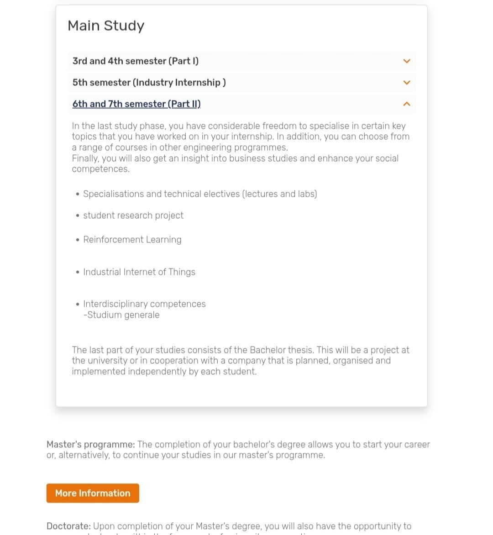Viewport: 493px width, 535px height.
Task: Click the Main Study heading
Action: click(106, 26)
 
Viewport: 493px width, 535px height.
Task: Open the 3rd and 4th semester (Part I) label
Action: click(136, 61)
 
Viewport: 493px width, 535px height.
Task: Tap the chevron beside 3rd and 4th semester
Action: click(407, 61)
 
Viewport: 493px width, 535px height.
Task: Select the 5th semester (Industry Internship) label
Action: click(149, 83)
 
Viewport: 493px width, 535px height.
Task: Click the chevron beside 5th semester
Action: click(407, 83)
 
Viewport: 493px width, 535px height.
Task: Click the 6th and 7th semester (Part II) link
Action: click(136, 104)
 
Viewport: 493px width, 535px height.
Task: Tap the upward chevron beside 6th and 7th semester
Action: click(407, 104)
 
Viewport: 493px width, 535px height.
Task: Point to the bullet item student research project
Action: click(133, 215)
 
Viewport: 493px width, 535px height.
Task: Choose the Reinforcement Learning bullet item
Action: click(132, 240)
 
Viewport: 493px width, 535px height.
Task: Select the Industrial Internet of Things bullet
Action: click(139, 272)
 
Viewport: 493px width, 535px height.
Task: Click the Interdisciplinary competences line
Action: click(144, 304)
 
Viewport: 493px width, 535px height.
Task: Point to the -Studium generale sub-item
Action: click(121, 315)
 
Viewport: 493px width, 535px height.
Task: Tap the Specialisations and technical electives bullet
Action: click(200, 194)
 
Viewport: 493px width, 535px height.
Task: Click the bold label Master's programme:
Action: click(90, 445)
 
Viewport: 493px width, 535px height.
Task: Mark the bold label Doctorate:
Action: click(68, 526)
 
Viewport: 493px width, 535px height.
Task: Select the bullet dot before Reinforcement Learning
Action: click(78, 240)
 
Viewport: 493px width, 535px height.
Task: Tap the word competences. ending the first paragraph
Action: click(100, 169)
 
